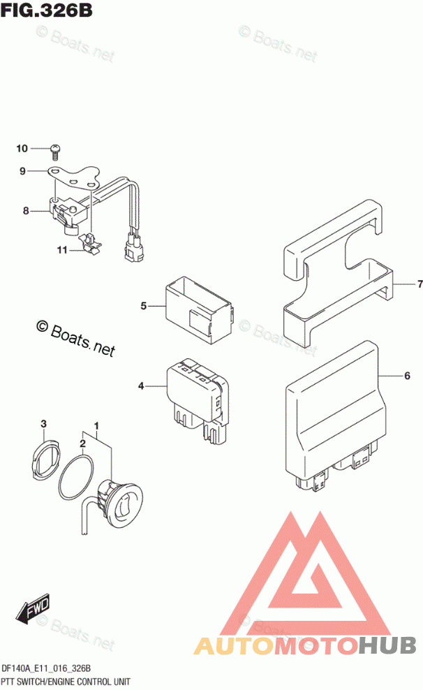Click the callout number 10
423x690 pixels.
click(x=22, y=148)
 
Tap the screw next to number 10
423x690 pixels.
click(x=56, y=149)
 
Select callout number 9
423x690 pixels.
click(x=22, y=171)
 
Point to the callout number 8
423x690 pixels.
click(x=26, y=210)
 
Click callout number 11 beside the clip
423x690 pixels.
click(x=61, y=250)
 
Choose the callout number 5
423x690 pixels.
click(x=143, y=306)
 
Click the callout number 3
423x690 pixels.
click(x=43, y=424)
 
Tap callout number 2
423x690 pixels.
click(x=82, y=443)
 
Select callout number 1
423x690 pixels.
click(x=96, y=426)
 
